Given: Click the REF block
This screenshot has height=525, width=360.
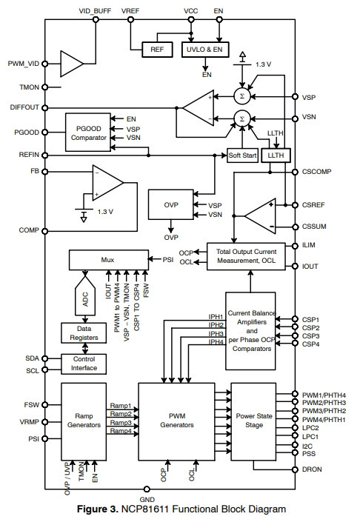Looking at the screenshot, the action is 157,50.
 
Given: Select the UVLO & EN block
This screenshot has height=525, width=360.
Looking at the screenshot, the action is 205,50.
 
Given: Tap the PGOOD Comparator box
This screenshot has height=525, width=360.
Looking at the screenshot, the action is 88,133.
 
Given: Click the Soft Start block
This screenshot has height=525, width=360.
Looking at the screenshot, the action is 242,156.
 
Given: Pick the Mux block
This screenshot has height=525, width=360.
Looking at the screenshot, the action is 108,260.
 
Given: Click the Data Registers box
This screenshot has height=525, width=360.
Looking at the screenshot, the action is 84,333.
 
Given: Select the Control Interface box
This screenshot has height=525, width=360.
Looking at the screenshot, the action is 84,364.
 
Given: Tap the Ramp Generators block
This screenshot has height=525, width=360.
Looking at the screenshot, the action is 84,421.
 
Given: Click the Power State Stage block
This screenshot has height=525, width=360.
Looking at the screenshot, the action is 253,421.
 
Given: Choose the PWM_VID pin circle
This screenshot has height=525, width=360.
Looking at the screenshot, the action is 44,64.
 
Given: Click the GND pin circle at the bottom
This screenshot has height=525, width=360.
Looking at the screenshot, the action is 147,489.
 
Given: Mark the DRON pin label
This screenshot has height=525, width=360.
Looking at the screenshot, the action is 312,469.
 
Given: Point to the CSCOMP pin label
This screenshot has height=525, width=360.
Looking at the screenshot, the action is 316,172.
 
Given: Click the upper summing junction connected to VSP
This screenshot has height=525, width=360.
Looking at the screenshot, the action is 242,96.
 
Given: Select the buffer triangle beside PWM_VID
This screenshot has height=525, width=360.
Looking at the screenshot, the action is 72,64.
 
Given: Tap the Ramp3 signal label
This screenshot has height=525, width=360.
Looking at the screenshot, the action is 121,423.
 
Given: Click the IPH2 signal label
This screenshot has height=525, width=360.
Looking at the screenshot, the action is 216,325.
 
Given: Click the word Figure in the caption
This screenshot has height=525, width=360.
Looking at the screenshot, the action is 98,509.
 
